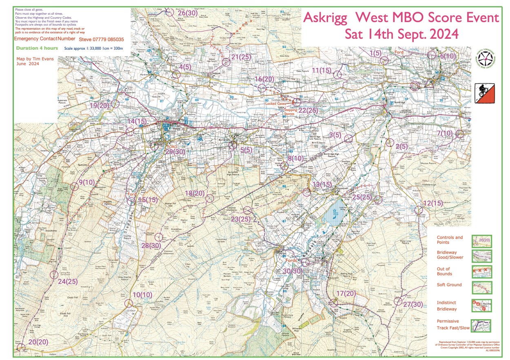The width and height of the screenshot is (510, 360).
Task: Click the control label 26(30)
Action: pyautogui.click(x=188, y=13)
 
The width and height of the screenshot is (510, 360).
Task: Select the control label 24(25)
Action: pyautogui.click(x=68, y=282)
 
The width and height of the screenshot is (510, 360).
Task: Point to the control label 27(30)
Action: pyautogui.click(x=412, y=304)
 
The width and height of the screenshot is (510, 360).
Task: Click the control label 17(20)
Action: pyautogui.click(x=346, y=294)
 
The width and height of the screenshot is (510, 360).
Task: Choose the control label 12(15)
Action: pyautogui.click(x=433, y=203)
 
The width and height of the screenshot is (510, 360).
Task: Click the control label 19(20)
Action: pyautogui.click(x=100, y=105)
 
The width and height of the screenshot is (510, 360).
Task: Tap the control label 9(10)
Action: pyautogui.click(x=86, y=182)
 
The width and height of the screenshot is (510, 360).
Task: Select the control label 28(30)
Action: pyautogui.click(x=151, y=245)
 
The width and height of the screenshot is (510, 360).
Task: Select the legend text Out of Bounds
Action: pyautogui.click(x=443, y=272)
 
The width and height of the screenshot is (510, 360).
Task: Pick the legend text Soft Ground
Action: pyautogui.click(x=449, y=285)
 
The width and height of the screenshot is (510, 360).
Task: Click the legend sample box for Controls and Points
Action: pyautogui.click(x=481, y=241)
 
